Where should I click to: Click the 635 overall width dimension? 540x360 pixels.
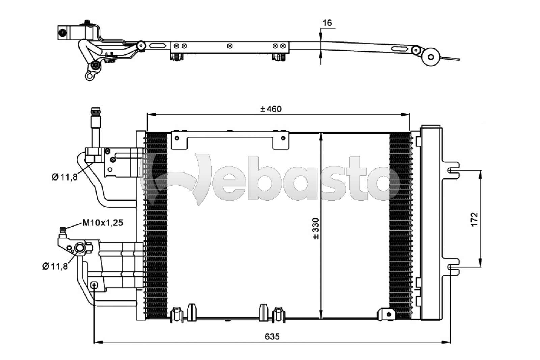point(272,337)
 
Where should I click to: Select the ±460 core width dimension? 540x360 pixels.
point(271,109)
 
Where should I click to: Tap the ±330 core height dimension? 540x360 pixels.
point(316,228)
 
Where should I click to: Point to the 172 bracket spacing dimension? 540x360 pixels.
point(474,219)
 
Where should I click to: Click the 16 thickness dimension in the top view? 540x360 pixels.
point(327,23)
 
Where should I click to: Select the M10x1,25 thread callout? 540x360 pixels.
point(103,223)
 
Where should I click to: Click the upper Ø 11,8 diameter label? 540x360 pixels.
point(64,177)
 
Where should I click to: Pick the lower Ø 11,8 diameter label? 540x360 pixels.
point(55,266)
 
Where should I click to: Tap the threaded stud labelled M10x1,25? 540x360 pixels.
point(63,232)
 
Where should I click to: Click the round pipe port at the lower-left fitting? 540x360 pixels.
point(80,248)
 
